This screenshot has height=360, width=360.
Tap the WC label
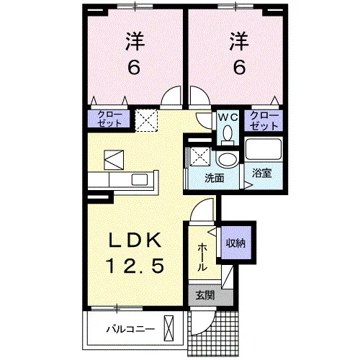[x=228, y=117]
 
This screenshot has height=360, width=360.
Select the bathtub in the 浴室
[x=264, y=149]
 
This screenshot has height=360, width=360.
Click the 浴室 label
[x=261, y=173]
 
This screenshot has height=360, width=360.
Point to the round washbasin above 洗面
[x=228, y=159]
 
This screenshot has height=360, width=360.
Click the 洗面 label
[x=215, y=179]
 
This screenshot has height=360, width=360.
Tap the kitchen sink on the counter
[x=140, y=179]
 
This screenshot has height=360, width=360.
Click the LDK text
[x=135, y=240]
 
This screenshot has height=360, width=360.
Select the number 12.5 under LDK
[x=136, y=266]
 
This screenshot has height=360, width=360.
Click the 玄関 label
[x=204, y=295]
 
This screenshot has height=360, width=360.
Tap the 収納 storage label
[x=235, y=243]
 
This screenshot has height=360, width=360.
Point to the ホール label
[x=202, y=256]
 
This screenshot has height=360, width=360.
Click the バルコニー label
[x=130, y=328]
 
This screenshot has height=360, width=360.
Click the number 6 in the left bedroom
[x=133, y=67]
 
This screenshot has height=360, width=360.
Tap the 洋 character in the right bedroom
[x=239, y=41]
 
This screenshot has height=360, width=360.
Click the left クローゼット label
[x=109, y=119]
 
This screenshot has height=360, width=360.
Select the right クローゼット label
[x=264, y=120]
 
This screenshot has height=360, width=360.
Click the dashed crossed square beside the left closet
[x=146, y=120]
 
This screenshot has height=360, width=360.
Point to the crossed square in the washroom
[x=200, y=156]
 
